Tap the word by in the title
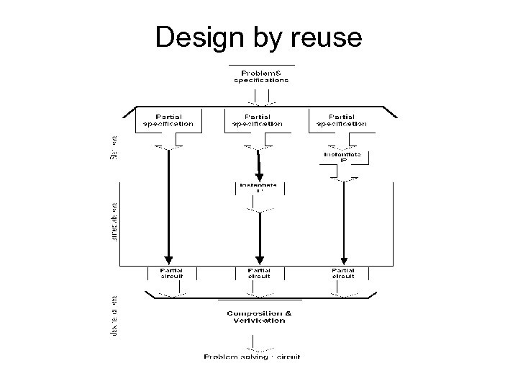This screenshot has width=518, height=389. (x=267, y=38)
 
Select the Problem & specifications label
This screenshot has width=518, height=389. (x=261, y=76)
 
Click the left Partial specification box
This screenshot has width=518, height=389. (x=168, y=120)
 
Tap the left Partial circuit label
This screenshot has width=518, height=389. (x=168, y=273)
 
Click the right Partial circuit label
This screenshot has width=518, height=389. (x=344, y=273)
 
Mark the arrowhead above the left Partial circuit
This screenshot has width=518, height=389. (x=168, y=260)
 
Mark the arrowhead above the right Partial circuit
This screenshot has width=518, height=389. (x=344, y=260)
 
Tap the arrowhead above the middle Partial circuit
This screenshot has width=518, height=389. (x=260, y=260)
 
